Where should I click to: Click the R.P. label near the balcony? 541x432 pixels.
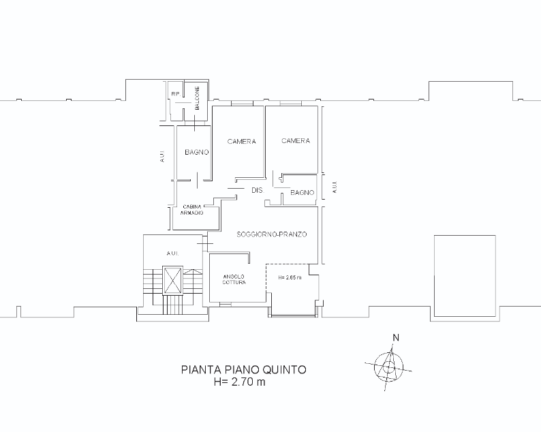coord(176,94)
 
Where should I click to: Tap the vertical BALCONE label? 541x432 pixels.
coord(198,98)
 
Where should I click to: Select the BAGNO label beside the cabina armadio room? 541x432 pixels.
coord(197,152)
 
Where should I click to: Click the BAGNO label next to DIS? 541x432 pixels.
coord(303,193)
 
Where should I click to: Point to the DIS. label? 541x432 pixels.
coord(258,190)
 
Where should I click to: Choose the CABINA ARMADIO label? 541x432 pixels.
coord(192,210)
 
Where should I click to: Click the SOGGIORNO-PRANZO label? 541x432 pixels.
coord(272,234)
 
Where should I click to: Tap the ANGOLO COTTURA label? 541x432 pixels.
coord(234,279)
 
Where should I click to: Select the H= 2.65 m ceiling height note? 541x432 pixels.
coord(290,277)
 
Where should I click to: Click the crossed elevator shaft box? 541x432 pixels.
coord(172,281)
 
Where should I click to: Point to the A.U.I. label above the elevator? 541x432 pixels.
coord(172,253)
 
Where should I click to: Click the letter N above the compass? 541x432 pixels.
coord(396,338)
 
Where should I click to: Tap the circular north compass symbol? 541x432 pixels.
coord(389,367)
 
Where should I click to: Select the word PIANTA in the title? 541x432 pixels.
coord(201,370)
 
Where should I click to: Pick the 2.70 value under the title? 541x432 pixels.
coord(243,382)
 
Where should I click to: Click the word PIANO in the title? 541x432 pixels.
coord(242,370)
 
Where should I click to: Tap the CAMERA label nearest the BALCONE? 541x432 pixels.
coord(241,142)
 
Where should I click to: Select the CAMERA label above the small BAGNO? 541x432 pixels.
coord(296,141)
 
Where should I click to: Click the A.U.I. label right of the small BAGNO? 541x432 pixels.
coord(335,187)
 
